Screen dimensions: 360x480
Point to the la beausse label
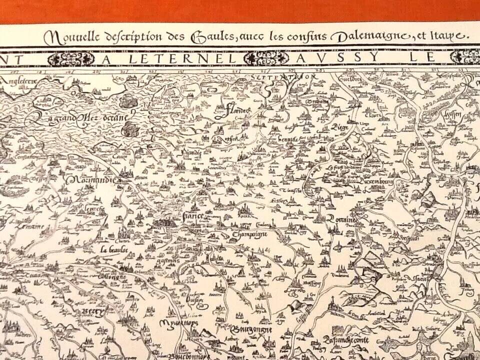(114, 248)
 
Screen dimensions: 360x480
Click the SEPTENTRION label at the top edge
(283, 77)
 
